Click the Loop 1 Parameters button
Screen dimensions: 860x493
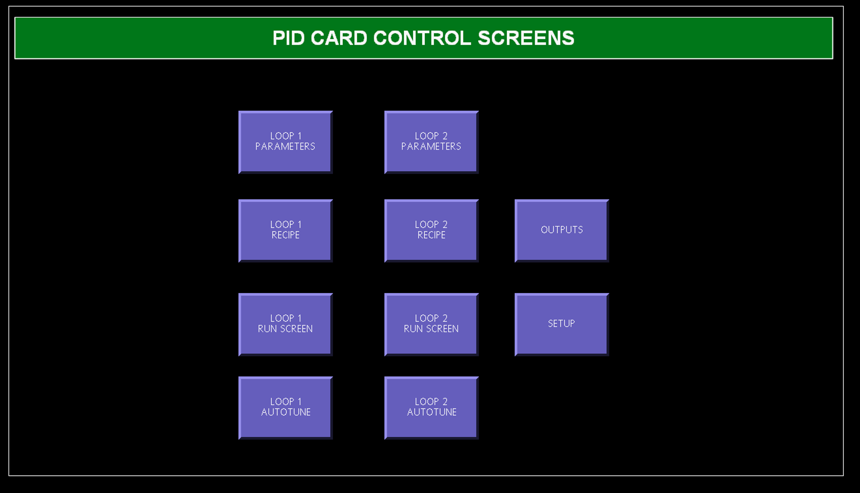(286, 142)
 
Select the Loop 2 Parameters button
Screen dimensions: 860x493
(431, 142)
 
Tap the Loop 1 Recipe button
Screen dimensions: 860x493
(286, 231)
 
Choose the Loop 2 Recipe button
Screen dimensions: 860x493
(431, 231)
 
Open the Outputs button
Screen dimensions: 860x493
(562, 231)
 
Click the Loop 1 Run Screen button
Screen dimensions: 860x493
(286, 325)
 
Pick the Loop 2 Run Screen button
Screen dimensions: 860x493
(431, 325)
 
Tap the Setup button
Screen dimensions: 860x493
(562, 325)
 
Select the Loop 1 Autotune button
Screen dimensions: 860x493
(286, 408)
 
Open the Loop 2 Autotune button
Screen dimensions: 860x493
(431, 408)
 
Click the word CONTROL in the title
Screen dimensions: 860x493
(422, 38)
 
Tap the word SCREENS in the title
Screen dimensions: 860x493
(526, 38)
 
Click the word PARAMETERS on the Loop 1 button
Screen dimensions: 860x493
(285, 147)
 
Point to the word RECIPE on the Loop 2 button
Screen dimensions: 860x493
(431, 235)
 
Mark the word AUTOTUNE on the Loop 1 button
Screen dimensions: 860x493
(286, 412)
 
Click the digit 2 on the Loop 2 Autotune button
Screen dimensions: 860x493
(445, 402)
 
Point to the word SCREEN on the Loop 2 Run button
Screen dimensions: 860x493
(442, 329)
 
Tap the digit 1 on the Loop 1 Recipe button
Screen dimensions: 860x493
(299, 225)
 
